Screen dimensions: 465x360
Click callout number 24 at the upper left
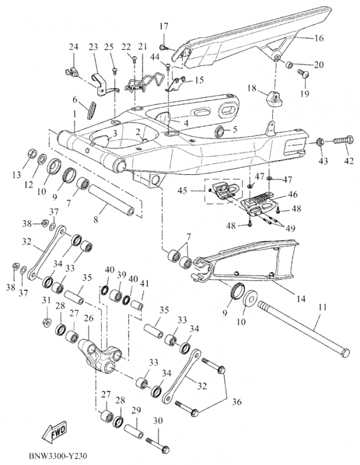click(73, 46)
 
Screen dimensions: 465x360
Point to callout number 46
click(293, 195)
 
